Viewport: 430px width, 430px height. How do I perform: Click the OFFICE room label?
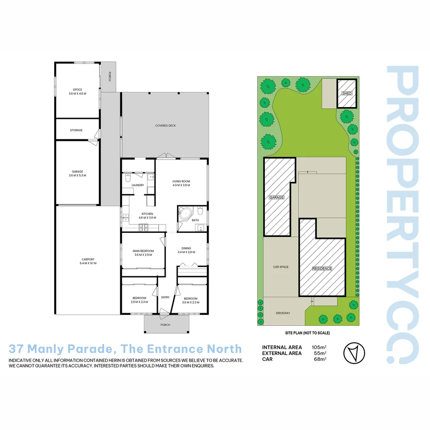pos(77,91)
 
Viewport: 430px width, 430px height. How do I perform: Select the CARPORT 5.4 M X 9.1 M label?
pos(88,261)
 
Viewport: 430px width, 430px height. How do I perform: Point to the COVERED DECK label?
pos(166,126)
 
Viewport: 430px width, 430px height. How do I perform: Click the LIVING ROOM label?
pos(181,183)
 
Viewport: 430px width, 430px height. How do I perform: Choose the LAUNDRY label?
pos(138,185)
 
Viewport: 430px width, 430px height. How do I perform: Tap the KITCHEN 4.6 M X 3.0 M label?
pos(147,216)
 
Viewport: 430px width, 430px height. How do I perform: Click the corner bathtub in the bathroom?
pos(185,214)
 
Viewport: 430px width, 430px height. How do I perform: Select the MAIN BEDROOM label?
pos(143,253)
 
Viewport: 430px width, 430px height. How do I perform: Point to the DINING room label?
pos(186,250)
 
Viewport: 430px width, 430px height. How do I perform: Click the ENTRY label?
pos(165,297)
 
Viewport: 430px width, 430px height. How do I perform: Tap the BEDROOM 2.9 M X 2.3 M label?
pos(139,300)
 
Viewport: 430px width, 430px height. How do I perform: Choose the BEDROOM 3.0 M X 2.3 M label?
pos(191,301)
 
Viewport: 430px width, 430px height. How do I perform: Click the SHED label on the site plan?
pos(347,94)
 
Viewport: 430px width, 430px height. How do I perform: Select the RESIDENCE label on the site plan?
pos(322,268)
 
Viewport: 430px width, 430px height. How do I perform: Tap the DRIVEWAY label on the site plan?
pos(283,313)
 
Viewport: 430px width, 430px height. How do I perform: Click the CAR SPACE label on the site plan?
pos(281,267)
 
